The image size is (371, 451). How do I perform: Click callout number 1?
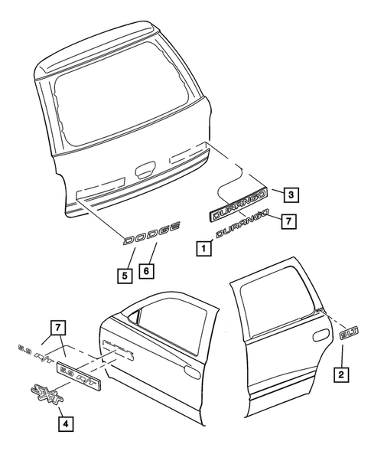pos(203,247)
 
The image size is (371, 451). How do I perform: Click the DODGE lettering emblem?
pos(154,234)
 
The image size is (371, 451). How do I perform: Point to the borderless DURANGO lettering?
pos(244,227)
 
